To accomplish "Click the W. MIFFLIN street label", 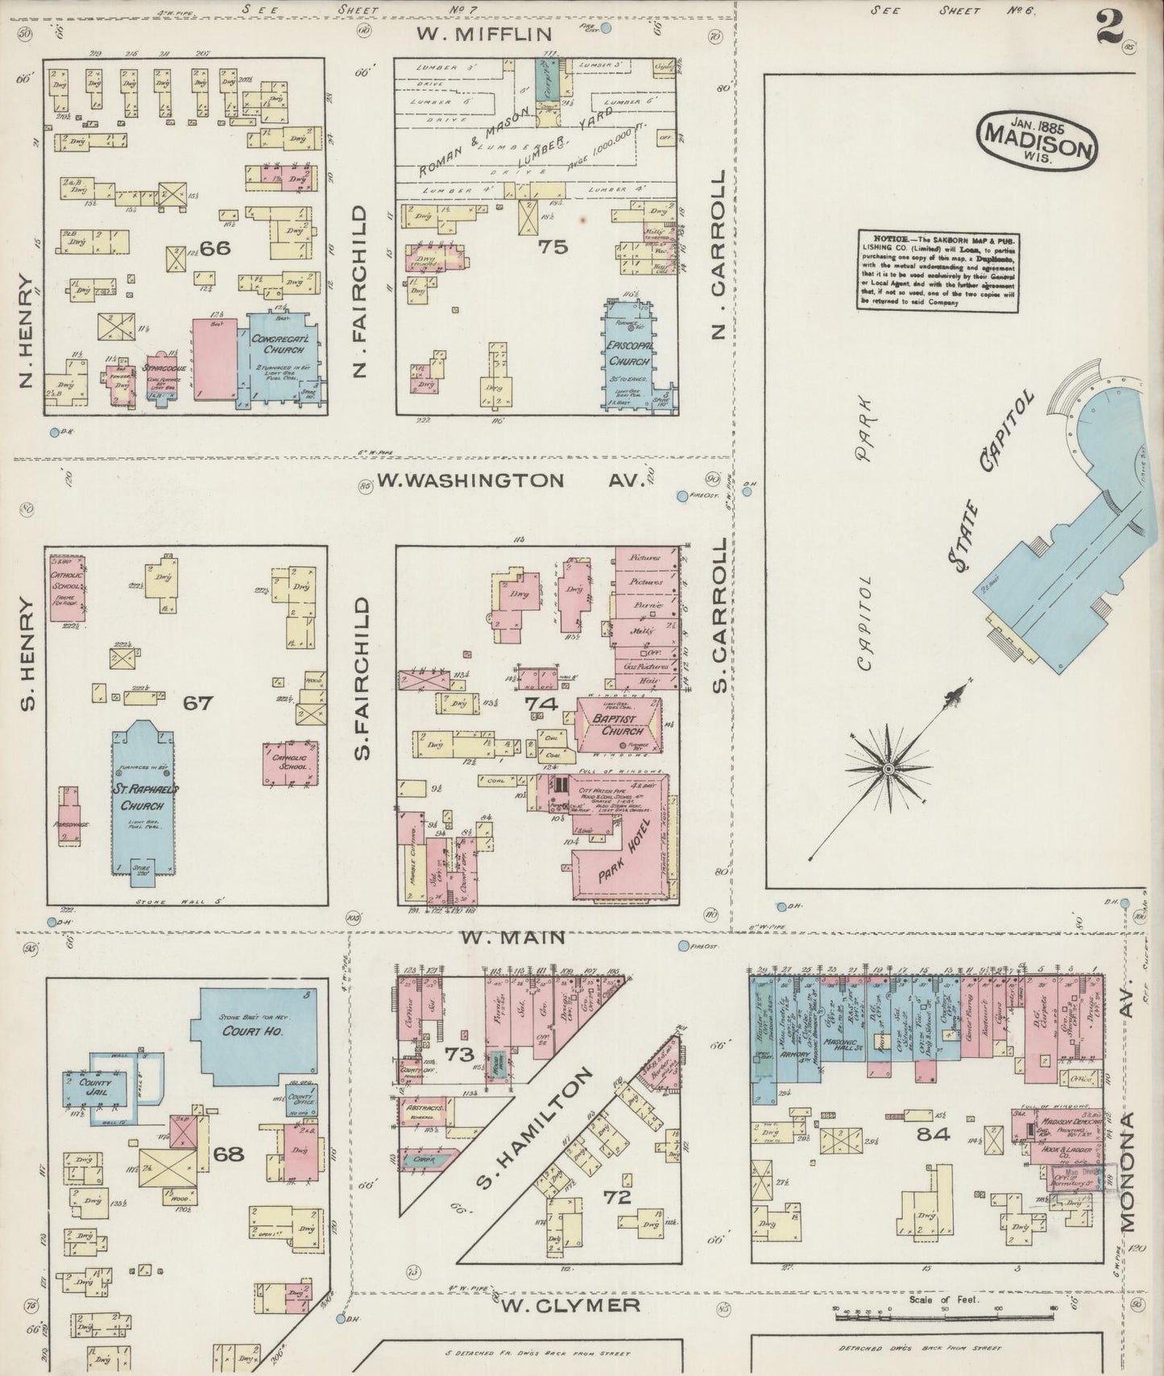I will pos(484,34).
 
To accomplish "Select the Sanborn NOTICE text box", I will pos(938,271).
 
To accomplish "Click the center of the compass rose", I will pos(887,769).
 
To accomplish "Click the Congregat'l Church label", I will pos(278,345).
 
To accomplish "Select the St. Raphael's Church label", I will pos(143,796).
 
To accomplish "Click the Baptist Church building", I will pos(619,725).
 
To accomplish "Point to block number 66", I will pos(215,248).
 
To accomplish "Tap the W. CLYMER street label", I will pos(571,1304).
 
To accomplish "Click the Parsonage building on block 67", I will pos(69,815).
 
